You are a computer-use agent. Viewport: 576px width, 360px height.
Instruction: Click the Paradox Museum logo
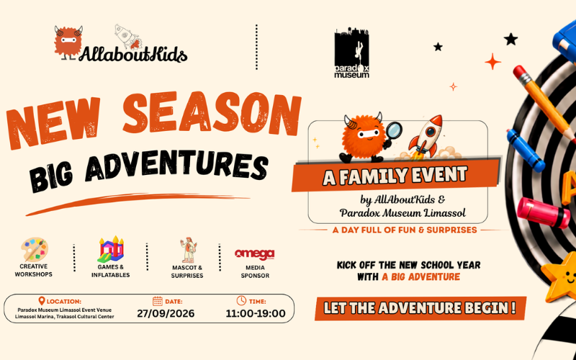(x=351, y=53)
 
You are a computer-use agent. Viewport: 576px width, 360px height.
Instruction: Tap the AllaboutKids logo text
(x=133, y=55)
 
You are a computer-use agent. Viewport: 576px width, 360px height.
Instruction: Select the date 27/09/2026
(x=166, y=313)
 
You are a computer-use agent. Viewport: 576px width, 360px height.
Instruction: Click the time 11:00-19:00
(x=256, y=313)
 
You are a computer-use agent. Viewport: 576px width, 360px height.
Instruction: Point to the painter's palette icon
(x=34, y=249)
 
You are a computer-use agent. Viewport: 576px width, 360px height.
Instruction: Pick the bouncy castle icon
(x=111, y=249)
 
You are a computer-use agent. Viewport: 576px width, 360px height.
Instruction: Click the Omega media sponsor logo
(x=255, y=254)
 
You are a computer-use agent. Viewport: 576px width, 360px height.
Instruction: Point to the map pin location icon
(x=42, y=301)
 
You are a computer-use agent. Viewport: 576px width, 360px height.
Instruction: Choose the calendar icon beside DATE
(x=158, y=301)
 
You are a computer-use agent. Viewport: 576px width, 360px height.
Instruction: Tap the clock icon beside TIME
(x=241, y=300)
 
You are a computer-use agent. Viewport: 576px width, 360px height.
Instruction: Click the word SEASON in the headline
(x=212, y=113)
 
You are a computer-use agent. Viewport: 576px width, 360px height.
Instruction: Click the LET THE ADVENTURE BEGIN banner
(x=420, y=308)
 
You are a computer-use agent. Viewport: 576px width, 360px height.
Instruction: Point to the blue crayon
(x=526, y=150)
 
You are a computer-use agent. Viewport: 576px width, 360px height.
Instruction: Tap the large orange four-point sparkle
(x=492, y=61)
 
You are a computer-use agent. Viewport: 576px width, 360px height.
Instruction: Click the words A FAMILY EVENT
(x=395, y=176)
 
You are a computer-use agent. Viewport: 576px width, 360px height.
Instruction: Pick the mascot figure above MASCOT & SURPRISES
(x=188, y=250)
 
